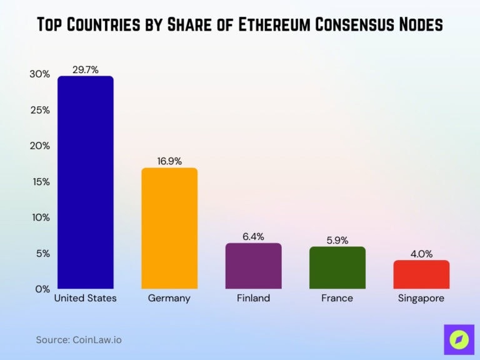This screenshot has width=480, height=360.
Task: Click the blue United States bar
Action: pyautogui.click(x=86, y=182)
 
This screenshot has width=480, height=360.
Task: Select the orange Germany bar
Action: pyautogui.click(x=169, y=228)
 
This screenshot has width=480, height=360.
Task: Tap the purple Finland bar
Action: pyautogui.click(x=253, y=266)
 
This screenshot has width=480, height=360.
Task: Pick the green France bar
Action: pyautogui.click(x=337, y=267)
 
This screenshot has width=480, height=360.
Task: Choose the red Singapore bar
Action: pyautogui.click(x=421, y=274)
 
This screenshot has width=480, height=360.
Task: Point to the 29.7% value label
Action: pyautogui.click(x=86, y=70)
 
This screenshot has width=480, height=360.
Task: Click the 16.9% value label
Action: pyautogui.click(x=169, y=161)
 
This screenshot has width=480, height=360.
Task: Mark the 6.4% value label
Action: pyautogui.click(x=253, y=237)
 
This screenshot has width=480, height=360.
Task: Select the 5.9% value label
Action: pyautogui.click(x=337, y=240)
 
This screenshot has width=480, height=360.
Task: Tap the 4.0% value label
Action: pyautogui.click(x=421, y=254)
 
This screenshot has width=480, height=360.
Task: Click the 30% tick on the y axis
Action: pyautogui.click(x=39, y=74)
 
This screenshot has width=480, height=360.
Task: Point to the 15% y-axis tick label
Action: pyautogui.click(x=39, y=182)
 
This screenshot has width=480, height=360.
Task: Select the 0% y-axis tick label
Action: pyautogui.click(x=41, y=289)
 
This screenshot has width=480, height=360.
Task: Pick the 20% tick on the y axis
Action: pyautogui.click(x=39, y=146)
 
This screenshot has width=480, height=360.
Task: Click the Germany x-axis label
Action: pyautogui.click(x=169, y=298)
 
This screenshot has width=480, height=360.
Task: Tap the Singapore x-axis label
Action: pyautogui.click(x=421, y=298)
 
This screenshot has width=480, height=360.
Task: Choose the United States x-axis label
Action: pyautogui.click(x=86, y=298)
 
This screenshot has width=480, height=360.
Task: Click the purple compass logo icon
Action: pyautogui.click(x=459, y=339)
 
